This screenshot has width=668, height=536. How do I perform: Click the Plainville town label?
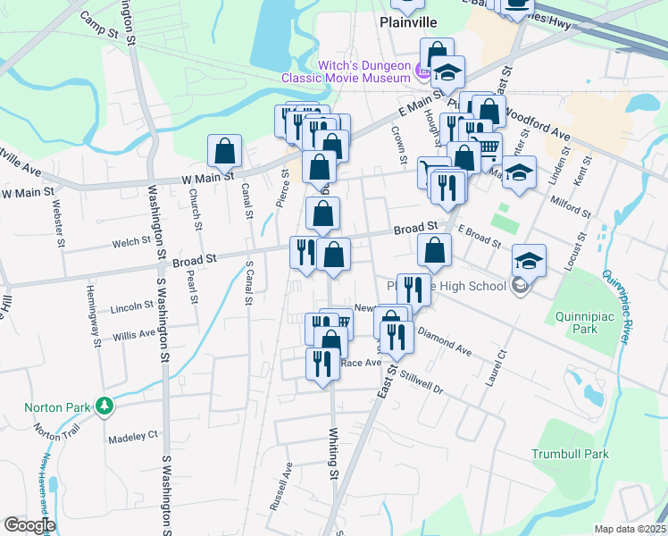click(407, 21)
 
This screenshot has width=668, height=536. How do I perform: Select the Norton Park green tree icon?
click(104, 406)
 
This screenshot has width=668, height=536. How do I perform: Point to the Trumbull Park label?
click(570, 454)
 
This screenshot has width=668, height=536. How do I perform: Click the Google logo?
click(29, 525)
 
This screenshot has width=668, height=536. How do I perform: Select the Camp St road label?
click(99, 24)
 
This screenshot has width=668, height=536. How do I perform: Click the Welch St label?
click(130, 241)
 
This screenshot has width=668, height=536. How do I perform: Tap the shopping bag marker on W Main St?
click(225, 151)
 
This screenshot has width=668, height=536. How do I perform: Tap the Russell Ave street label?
click(280, 487)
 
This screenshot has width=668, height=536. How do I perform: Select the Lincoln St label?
click(132, 307)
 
